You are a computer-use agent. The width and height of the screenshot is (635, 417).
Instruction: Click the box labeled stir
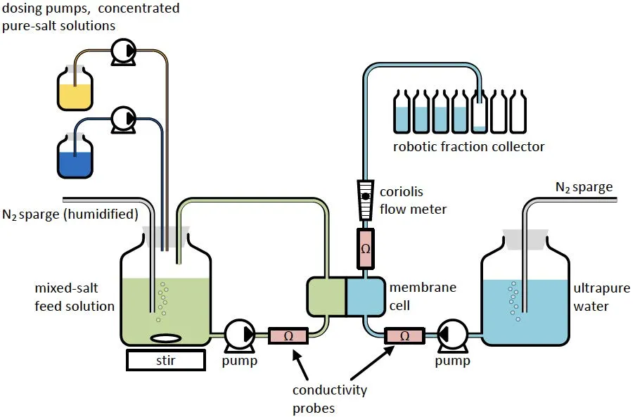click(166, 360)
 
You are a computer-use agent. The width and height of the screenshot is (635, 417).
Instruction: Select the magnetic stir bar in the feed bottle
click(165, 338)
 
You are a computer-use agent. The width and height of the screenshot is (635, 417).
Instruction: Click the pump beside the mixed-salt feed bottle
click(240, 335)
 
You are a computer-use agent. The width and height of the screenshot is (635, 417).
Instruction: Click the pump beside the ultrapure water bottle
click(451, 335)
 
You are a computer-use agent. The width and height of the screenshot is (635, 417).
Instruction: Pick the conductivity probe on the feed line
click(288, 335)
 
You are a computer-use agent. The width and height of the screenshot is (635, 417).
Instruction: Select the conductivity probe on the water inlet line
click(404, 335)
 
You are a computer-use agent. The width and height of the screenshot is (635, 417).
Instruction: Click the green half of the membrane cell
click(326, 296)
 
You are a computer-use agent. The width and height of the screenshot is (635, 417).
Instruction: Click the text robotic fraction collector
click(469, 146)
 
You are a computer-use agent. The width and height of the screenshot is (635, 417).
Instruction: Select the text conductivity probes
click(331, 399)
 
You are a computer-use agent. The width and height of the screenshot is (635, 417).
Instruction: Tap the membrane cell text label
click(423, 296)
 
